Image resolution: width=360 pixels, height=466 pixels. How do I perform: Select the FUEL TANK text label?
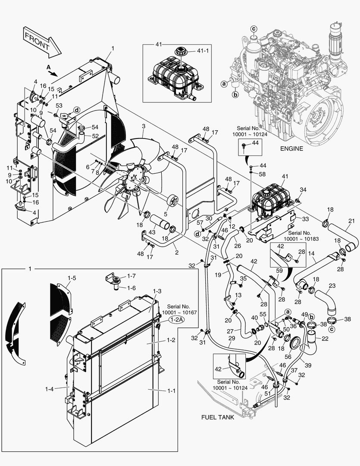coord(218,418)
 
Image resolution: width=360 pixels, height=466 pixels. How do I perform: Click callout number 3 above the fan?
coord(144,126)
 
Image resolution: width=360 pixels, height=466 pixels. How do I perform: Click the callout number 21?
coord(351,221)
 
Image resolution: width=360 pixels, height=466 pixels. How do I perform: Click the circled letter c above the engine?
coord(254,28)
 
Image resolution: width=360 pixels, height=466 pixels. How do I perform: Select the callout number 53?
coord(59,106)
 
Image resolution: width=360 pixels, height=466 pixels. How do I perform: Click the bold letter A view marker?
coord(48,67)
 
